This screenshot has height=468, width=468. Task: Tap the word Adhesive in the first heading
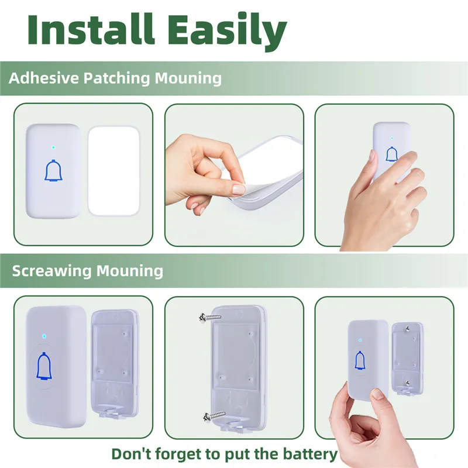coord(38,78)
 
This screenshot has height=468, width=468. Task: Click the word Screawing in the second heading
coord(51,271)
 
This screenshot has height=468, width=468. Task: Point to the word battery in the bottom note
coord(309,454)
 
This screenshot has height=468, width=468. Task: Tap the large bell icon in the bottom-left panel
coord(44,367)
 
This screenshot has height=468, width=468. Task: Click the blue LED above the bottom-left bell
coord(44,336)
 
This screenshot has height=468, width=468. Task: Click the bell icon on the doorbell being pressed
coord(391,153)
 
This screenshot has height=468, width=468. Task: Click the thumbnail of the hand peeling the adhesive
coord(234,174)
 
